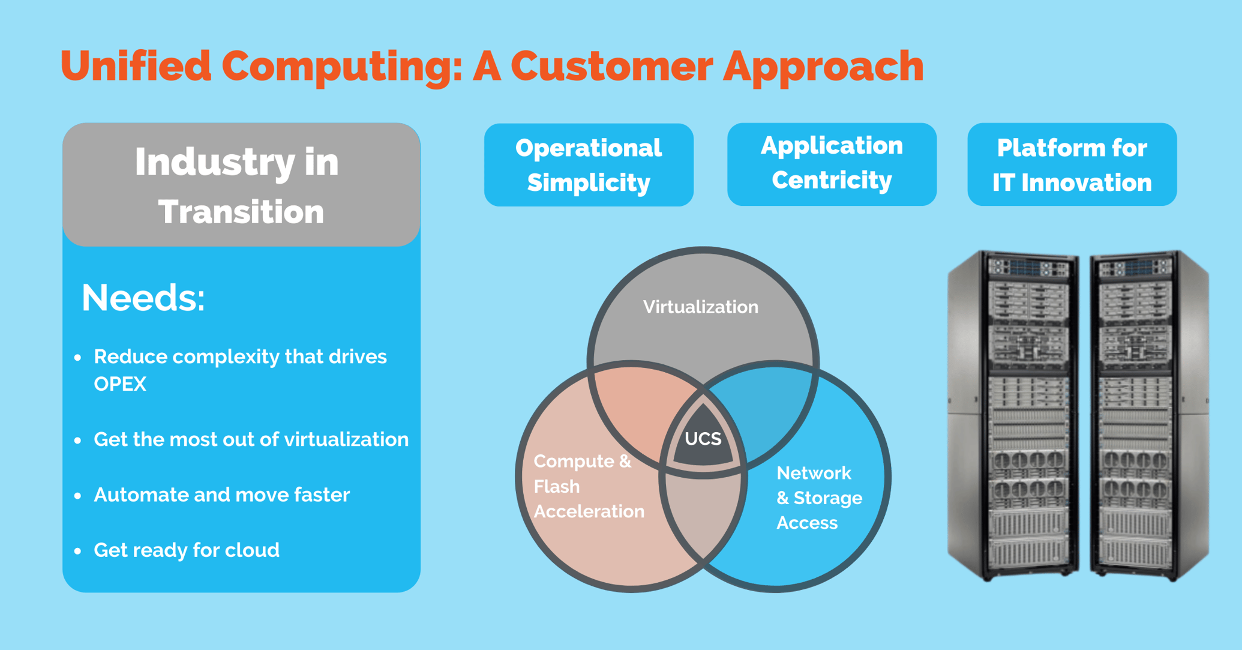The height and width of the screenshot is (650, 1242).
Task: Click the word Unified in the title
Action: [136, 65]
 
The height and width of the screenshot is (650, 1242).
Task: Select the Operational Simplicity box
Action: [589, 165]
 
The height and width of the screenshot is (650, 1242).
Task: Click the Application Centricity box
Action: [832, 163]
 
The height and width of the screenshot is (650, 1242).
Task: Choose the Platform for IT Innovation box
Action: [1072, 165]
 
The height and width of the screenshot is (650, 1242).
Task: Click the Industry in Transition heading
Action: [241, 185]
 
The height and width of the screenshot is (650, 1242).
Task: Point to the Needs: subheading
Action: [143, 298]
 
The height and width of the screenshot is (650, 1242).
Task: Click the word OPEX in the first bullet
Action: [120, 384]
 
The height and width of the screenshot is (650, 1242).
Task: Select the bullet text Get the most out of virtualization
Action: [251, 439]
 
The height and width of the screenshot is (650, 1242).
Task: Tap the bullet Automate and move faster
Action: [221, 495]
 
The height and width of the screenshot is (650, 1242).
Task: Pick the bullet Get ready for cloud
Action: [187, 550]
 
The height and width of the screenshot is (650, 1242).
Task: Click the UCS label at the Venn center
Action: [703, 439]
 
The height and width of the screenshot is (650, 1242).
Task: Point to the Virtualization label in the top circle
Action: [700, 307]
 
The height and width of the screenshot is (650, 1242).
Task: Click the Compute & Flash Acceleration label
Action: [588, 486]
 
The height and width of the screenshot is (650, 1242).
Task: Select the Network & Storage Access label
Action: [818, 498]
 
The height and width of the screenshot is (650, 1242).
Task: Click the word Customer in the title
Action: [611, 65]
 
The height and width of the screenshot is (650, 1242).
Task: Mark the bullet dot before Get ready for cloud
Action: [77, 551]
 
